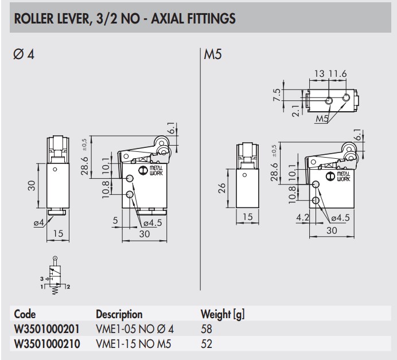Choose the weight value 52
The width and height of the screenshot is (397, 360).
(x=207, y=344)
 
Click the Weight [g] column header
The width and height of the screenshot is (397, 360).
(x=223, y=314)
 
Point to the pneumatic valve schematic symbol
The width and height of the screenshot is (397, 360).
(x=55, y=278)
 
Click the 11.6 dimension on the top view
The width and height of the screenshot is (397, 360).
(x=338, y=74)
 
